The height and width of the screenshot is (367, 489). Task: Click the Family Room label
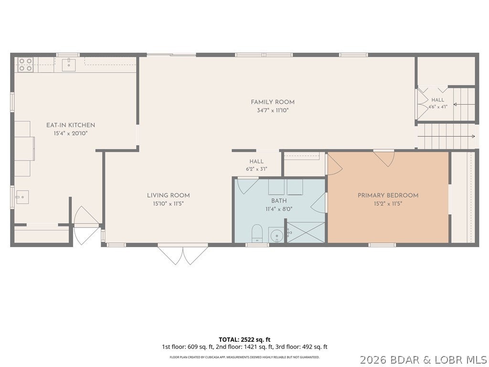pos(273,102)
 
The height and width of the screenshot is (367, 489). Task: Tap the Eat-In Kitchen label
pos(71,125)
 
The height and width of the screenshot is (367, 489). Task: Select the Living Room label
pos(169,195)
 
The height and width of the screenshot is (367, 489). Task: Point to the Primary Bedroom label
pos(388,195)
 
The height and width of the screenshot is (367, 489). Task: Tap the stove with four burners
pos(25,65)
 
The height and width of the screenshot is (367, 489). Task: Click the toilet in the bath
pos(257,233)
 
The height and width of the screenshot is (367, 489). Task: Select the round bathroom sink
pos(276,235)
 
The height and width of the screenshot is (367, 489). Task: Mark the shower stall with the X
pos(306,233)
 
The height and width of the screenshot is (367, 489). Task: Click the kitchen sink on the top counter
pos(68,65)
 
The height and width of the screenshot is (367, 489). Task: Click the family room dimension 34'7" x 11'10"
pos(273,110)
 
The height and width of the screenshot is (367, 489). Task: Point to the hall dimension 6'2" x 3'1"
pos(256,170)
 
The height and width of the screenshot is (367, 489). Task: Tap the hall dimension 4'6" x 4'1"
pos(438,107)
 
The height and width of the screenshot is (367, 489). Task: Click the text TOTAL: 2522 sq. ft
pos(244,340)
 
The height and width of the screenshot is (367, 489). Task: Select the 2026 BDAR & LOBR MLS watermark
pos(424,360)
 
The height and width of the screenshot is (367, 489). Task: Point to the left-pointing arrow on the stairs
pos(464,105)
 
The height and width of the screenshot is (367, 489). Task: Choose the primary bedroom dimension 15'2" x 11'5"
pos(388,204)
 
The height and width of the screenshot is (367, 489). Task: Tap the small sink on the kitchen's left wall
pos(22,197)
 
